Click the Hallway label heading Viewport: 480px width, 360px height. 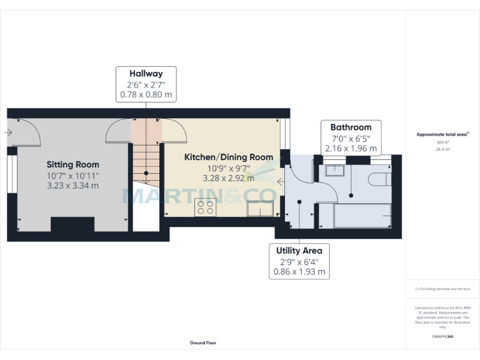point(146,72)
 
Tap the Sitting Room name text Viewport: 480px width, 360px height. point(72,164)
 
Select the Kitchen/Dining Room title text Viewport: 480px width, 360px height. point(228,157)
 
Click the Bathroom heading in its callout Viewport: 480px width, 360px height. point(351,127)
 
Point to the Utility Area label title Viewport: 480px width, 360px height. point(299,250)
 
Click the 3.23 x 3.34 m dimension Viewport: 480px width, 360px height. point(72,186)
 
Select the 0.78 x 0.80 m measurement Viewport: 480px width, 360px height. point(146,95)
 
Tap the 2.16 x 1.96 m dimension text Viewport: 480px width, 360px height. point(351,149)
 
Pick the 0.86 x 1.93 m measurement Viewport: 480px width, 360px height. point(299,272)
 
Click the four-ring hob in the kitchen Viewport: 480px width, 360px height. point(205,207)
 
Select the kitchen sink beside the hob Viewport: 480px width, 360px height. point(262,209)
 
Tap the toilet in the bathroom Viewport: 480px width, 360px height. point(379,180)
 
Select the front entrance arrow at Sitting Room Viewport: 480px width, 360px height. point(8,132)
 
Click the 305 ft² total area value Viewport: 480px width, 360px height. point(442,142)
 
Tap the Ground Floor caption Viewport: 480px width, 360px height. point(203,342)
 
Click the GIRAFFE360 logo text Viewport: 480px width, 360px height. point(442,337)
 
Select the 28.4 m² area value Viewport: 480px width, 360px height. point(442,150)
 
